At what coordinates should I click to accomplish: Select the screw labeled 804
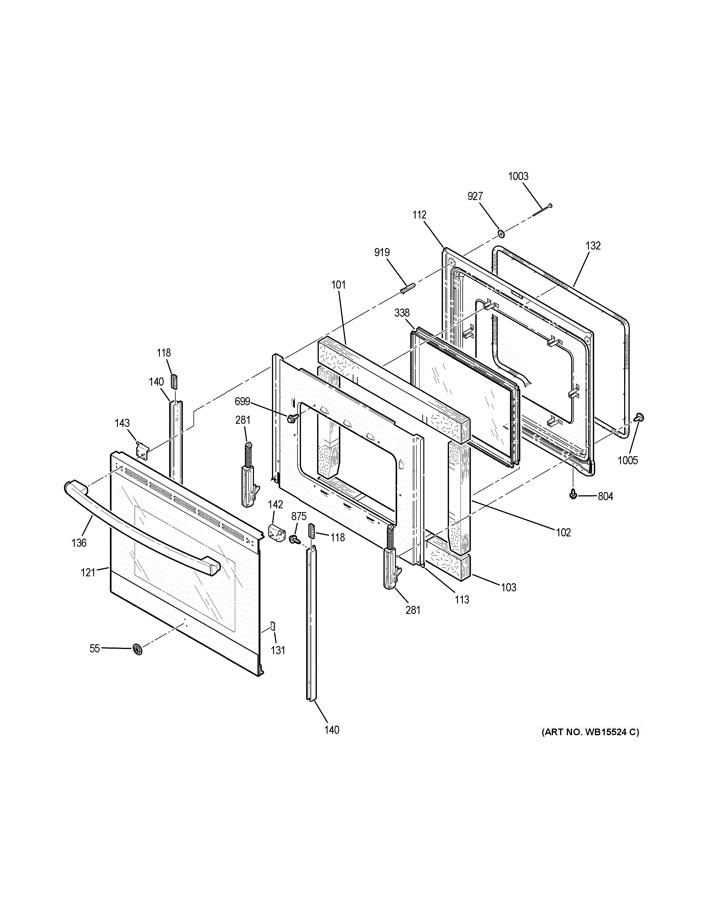point(572,496)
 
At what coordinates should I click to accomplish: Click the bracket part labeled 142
point(275,532)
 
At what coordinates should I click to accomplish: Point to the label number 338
point(402,313)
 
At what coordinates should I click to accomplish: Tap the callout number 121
point(88,572)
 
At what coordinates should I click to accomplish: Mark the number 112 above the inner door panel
point(419,215)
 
